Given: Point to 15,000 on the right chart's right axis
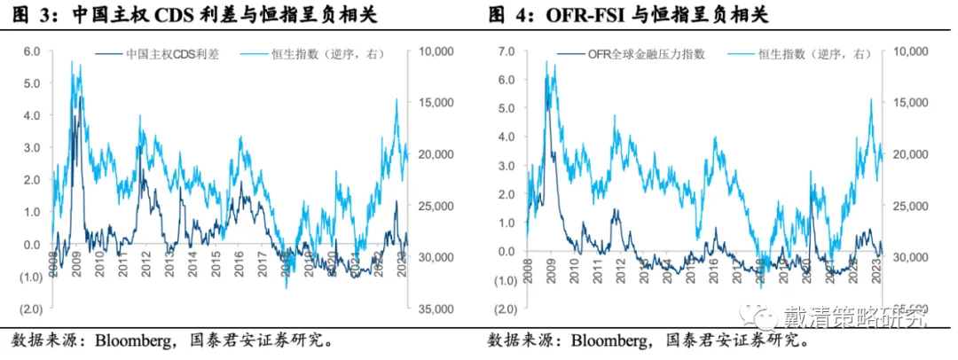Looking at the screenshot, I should [904, 103].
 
